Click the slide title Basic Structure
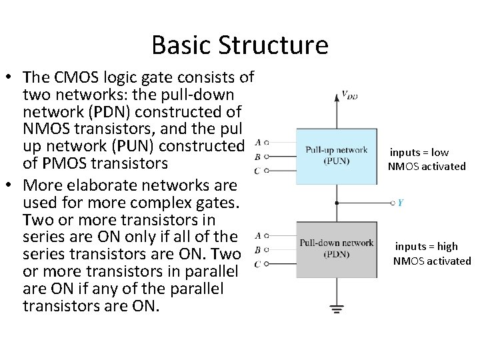(240, 45)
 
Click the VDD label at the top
(349, 96)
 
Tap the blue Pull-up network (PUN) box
(336, 155)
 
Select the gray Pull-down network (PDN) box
(336, 248)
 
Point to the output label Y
(401, 202)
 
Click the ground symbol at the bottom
(337, 309)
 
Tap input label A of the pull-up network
(258, 142)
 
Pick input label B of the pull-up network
(258, 157)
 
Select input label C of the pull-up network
(257, 171)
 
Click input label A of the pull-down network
(258, 235)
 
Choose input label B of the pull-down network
(258, 250)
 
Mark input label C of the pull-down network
(257, 265)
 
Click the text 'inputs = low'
(419, 153)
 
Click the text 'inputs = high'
(427, 247)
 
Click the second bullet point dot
(11, 184)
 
